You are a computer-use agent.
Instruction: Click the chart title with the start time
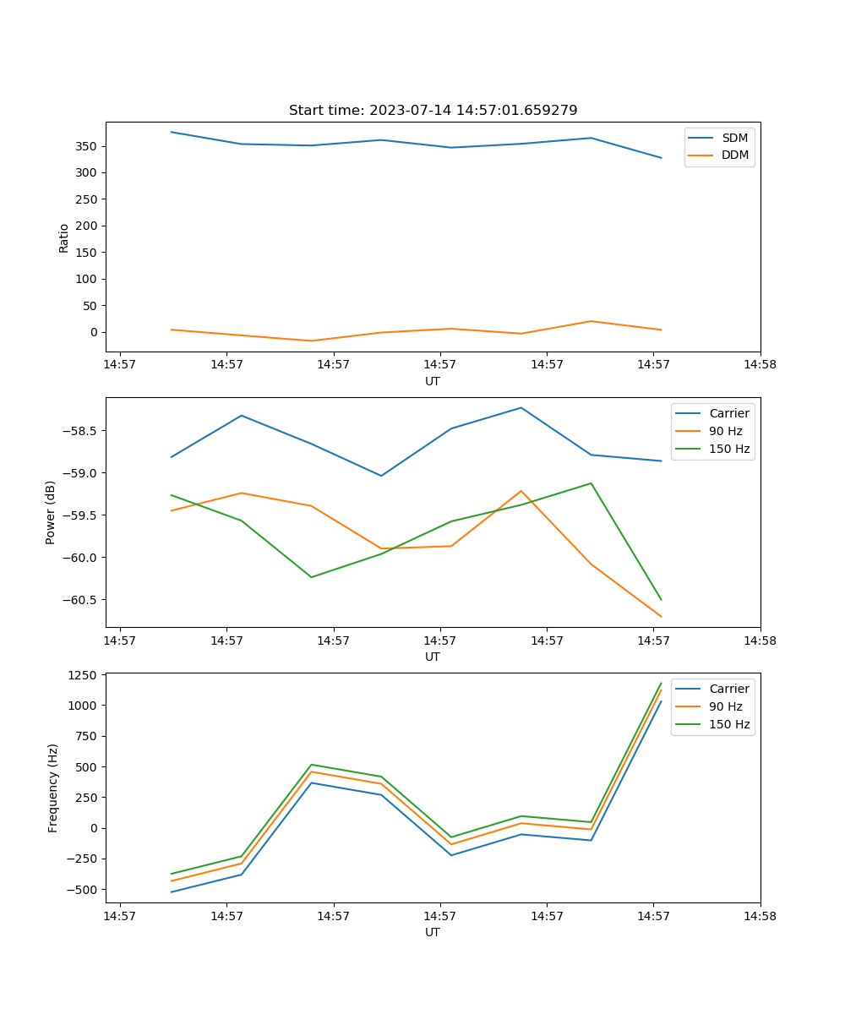pyautogui.click(x=433, y=111)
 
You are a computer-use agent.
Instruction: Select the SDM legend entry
pyautogui.click(x=734, y=138)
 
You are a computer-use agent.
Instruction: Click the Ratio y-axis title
pyautogui.click(x=64, y=237)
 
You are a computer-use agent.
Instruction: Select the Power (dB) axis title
pyautogui.click(x=52, y=512)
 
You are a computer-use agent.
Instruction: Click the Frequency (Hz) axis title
pyautogui.click(x=53, y=788)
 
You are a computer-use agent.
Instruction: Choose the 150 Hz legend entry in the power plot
pyautogui.click(x=729, y=449)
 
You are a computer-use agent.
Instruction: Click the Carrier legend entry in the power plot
pyautogui.click(x=728, y=413)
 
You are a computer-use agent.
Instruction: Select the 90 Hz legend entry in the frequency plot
pyautogui.click(x=726, y=706)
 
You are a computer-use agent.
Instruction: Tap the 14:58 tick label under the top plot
pyautogui.click(x=760, y=365)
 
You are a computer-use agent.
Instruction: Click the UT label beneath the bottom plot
pyautogui.click(x=433, y=932)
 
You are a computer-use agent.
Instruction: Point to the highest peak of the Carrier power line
pyautogui.click(x=521, y=407)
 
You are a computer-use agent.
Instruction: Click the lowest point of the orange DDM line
pyautogui.click(x=312, y=341)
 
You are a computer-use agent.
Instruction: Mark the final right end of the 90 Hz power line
pyautogui.click(x=661, y=617)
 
